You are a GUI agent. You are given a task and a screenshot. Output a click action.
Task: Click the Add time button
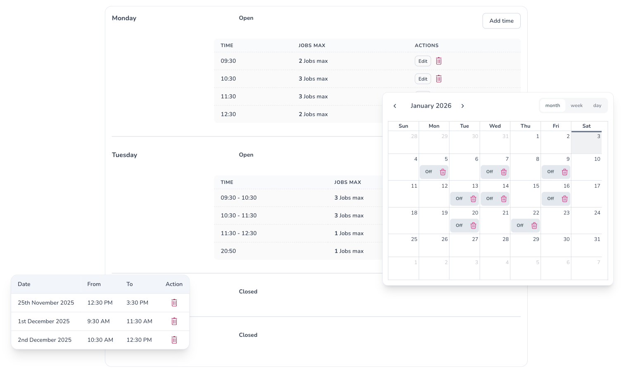coord(501,21)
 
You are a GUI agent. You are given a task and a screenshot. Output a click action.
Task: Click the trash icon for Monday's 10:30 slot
coord(439,79)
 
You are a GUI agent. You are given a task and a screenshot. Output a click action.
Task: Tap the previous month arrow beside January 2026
coord(395,106)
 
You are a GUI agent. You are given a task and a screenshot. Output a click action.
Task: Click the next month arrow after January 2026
coord(462,106)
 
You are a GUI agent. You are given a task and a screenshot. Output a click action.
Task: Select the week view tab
coord(576,105)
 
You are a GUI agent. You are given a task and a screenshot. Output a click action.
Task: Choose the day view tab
coord(597,105)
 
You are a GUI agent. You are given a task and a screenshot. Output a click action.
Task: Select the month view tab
coord(552,105)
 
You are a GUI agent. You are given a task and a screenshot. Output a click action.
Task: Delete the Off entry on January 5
coord(443,172)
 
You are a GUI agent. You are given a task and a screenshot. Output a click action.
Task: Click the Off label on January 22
coord(520,225)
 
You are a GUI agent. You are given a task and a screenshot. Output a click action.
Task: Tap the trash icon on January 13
coord(473,199)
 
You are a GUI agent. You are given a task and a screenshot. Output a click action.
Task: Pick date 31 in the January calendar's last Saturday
coord(597,239)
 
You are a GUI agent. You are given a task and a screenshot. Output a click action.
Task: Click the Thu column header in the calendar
coord(525,126)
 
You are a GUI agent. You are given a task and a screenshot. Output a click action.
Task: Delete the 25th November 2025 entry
coord(174,303)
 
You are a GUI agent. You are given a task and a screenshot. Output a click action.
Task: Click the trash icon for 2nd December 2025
coord(174,340)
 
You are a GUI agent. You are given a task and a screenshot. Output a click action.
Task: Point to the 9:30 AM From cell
coord(98,322)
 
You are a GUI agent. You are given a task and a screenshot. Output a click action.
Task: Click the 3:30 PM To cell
coord(137,303)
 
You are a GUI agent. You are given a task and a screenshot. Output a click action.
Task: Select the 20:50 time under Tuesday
coord(228,251)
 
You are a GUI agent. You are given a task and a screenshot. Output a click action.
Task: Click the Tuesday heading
coord(124,155)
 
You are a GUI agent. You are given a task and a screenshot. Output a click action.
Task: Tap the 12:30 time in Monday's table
coord(228,114)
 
